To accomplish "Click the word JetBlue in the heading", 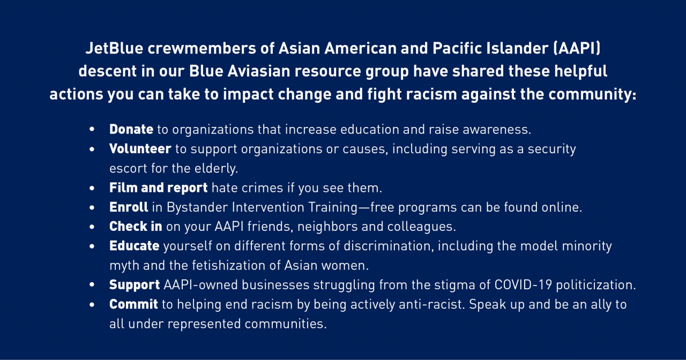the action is click(114, 48).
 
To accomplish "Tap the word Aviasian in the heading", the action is click(259, 71).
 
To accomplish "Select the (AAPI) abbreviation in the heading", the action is click(577, 48).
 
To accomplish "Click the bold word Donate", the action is click(131, 129).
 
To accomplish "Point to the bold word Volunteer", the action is click(140, 149).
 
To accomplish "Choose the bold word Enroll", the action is click(129, 207).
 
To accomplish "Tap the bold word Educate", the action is click(134, 246).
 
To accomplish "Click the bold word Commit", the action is click(133, 304).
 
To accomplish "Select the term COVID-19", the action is click(523, 285).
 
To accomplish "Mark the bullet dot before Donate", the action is click(92, 130).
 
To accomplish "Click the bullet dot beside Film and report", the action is click(92, 188).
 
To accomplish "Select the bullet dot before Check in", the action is click(92, 227).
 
